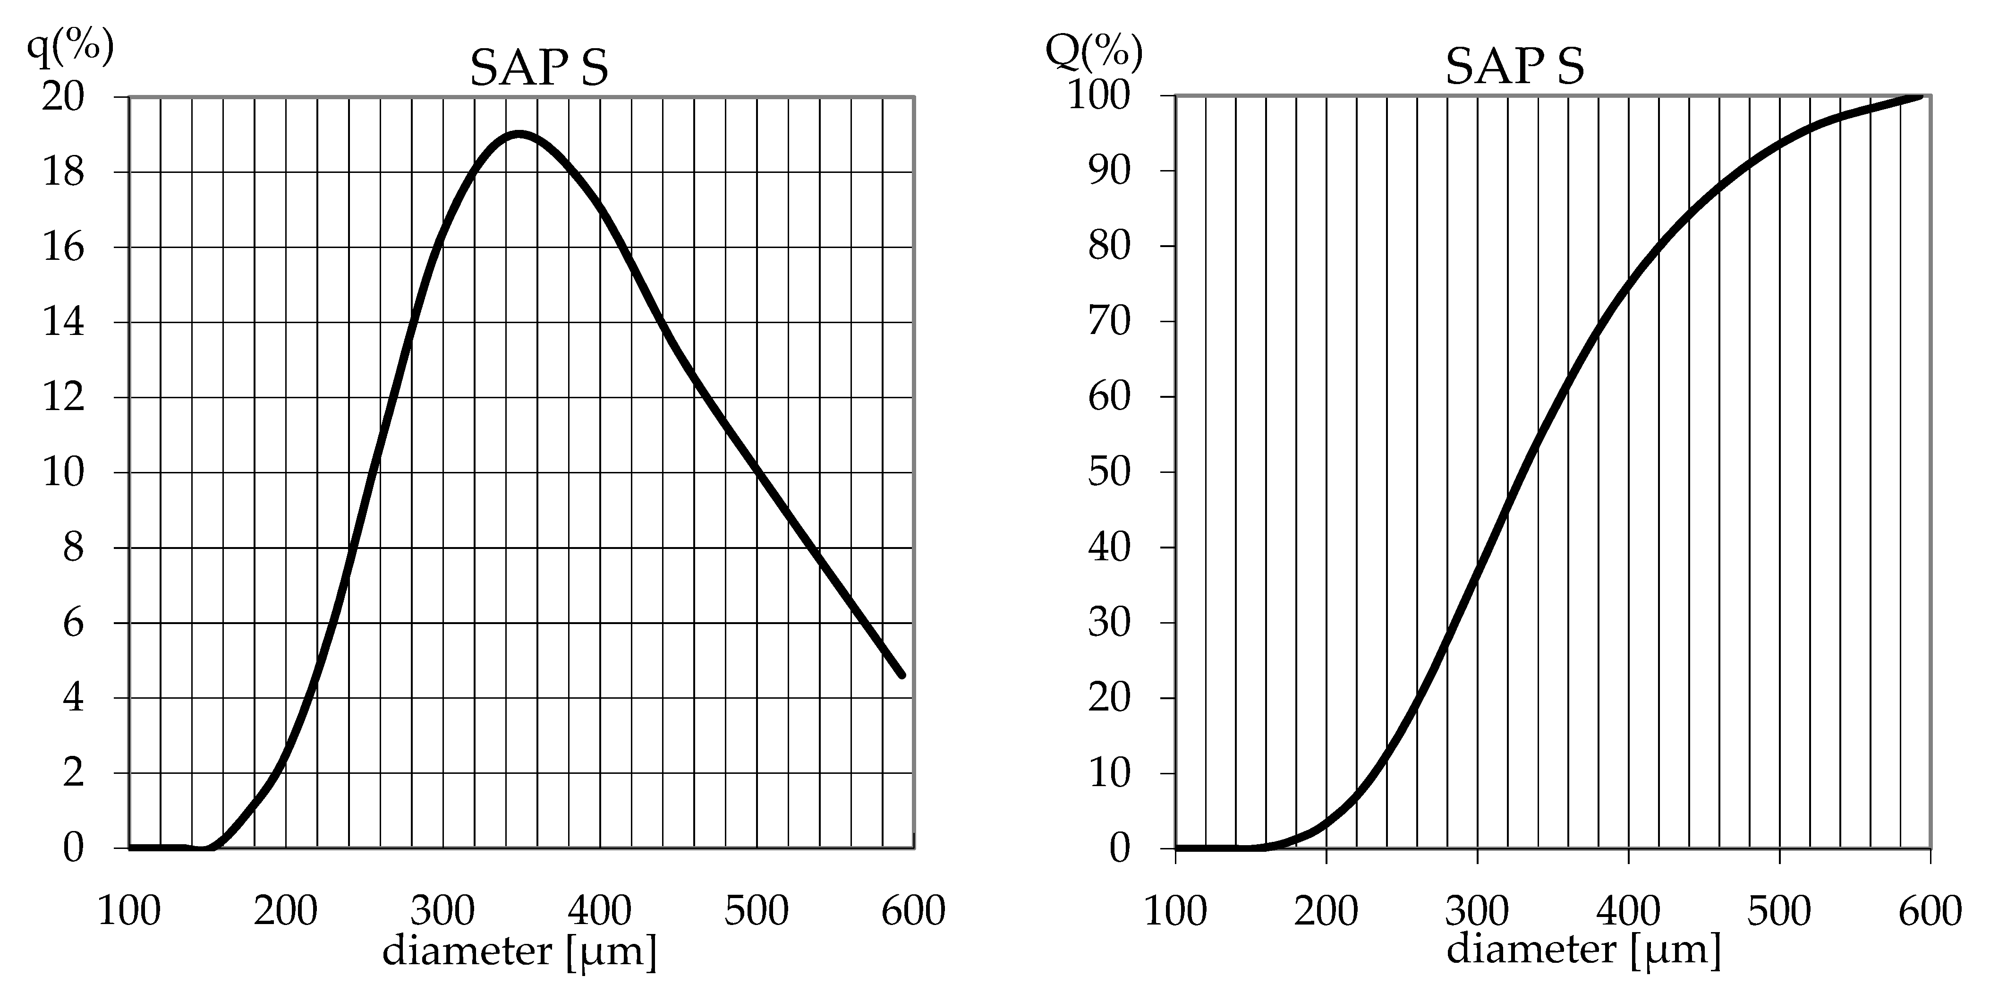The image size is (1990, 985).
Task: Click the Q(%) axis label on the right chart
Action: pyautogui.click(x=1093, y=51)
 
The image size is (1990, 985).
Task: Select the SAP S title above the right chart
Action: pyautogui.click(x=1514, y=67)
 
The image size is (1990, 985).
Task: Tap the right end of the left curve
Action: pyautogui.click(x=901, y=675)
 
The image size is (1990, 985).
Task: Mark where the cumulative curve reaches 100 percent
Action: pyautogui.click(x=1921, y=96)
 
